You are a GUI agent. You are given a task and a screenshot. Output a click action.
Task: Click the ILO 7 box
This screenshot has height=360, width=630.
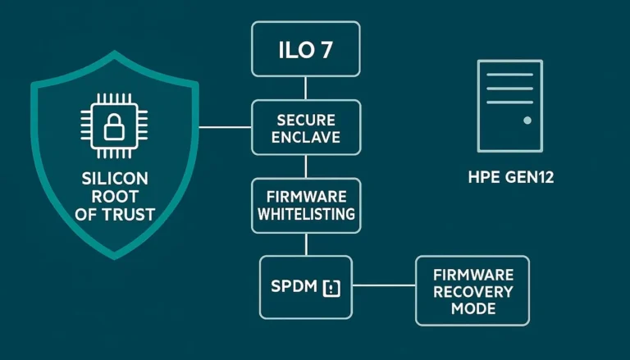(x=305, y=49)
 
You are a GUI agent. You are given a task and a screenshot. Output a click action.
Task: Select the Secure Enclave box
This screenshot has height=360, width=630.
(x=305, y=127)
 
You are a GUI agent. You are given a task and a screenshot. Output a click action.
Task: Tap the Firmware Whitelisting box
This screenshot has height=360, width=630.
(x=305, y=205)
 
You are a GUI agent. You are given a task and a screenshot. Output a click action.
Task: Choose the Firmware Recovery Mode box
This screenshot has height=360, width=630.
(x=472, y=290)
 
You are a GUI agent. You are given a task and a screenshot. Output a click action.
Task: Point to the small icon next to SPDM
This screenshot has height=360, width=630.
(x=331, y=288)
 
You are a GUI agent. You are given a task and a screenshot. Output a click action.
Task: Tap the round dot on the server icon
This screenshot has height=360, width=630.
(x=527, y=120)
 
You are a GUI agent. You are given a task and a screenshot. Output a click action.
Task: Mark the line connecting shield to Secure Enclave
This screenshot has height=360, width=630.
(x=225, y=127)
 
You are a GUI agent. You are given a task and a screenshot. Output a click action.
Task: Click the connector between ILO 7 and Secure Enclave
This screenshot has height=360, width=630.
(x=305, y=88)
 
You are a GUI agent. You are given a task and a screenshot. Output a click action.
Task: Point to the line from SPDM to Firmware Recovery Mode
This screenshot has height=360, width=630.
(x=383, y=286)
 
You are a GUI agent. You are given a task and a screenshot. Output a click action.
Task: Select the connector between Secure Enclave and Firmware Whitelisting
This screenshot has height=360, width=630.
(x=305, y=166)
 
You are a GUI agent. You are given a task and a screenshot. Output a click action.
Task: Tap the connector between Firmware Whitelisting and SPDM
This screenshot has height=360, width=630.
(x=305, y=244)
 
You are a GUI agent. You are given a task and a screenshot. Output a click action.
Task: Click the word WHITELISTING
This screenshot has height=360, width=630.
(x=305, y=214)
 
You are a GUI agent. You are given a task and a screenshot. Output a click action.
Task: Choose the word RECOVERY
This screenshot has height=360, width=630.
(x=472, y=291)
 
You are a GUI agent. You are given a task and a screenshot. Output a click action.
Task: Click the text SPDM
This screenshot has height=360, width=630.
(x=294, y=288)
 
